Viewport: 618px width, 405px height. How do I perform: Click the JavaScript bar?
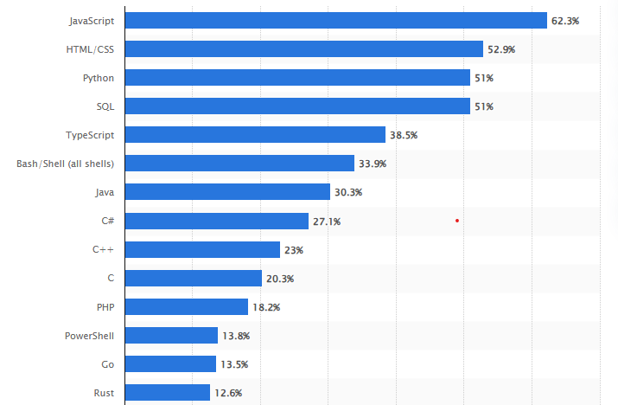tap(336, 20)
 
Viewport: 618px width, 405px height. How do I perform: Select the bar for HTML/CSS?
tap(304, 49)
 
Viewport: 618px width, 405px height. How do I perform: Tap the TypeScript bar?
tap(255, 134)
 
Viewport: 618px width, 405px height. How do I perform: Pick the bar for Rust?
tap(168, 392)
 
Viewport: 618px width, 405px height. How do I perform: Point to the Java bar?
tap(227, 192)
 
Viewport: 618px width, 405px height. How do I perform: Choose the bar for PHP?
tap(187, 306)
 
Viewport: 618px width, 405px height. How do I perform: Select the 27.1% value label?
tap(327, 222)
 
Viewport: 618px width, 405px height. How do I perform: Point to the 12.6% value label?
tap(228, 393)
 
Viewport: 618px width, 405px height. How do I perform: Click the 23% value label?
tap(294, 250)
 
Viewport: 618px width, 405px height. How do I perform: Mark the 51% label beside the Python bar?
tap(483, 78)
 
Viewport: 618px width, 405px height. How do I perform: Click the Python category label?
tap(99, 78)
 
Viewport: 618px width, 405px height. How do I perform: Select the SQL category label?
tap(105, 106)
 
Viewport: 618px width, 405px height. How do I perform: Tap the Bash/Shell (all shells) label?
tap(66, 164)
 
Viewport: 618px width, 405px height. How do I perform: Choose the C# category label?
tap(107, 221)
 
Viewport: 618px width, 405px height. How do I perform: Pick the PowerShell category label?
tap(90, 335)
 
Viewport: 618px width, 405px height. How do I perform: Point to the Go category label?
tap(107, 363)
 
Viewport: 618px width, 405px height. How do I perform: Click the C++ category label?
tap(103, 249)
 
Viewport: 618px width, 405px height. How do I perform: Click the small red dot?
tap(456, 221)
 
